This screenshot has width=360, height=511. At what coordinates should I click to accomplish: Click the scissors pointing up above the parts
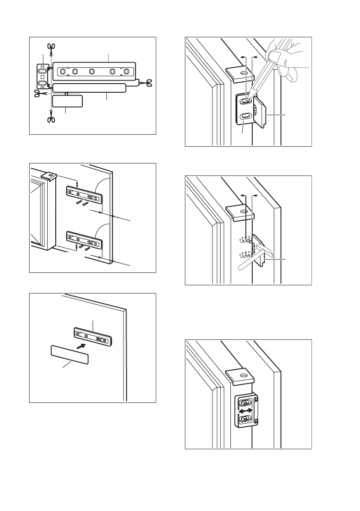point(50,49)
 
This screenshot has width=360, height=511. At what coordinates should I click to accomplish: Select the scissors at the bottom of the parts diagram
point(50,119)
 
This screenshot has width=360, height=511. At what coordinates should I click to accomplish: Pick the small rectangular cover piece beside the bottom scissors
point(67,101)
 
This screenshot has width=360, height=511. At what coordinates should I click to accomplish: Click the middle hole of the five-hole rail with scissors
point(91,71)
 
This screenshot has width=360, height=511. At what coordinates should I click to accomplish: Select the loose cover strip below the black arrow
point(70,355)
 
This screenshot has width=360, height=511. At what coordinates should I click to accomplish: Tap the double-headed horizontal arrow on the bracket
point(245,411)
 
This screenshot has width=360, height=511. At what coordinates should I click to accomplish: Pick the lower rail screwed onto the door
point(84,240)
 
